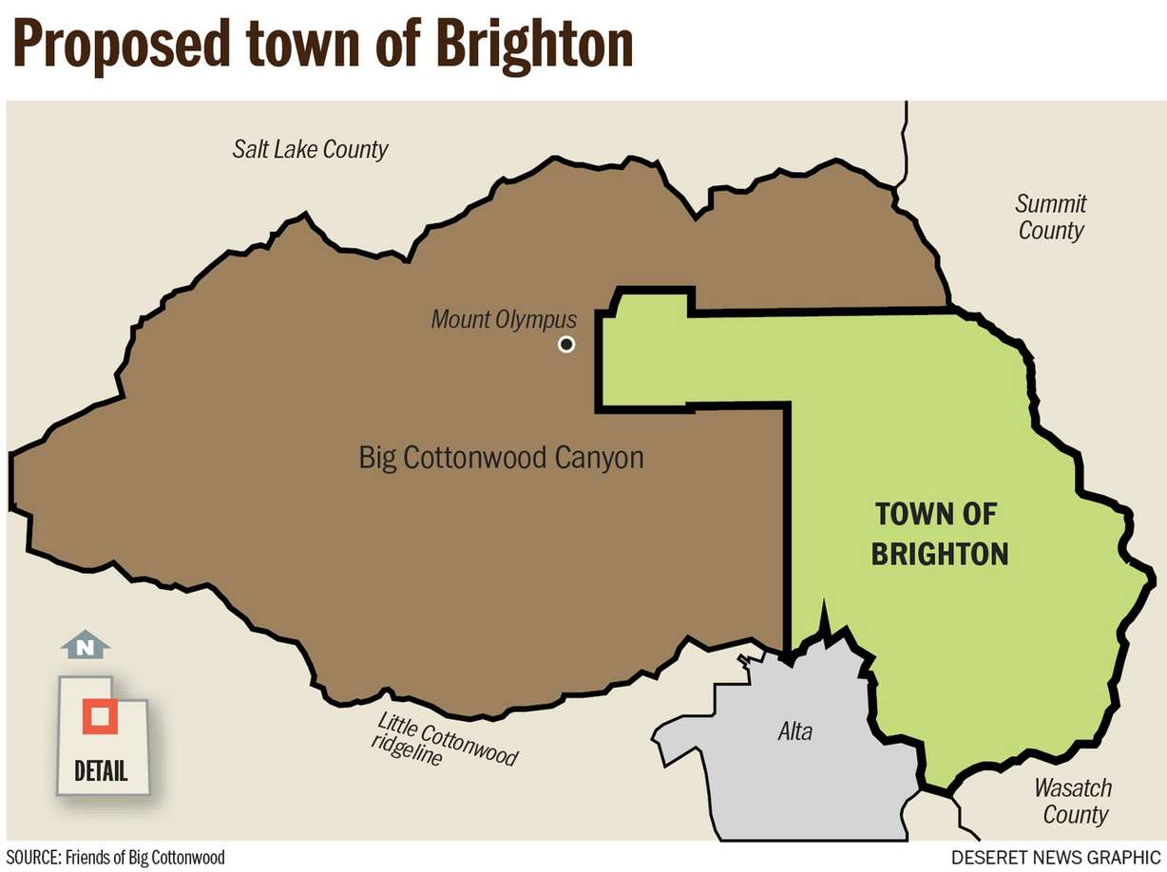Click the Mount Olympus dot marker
tap(566, 344)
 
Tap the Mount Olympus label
tap(504, 319)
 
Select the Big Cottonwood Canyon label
tap(501, 458)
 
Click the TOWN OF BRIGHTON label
tap(939, 534)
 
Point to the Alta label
tap(794, 730)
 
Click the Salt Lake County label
tap(311, 149)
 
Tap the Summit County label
tap(1051, 217)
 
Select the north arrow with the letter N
tap(86, 647)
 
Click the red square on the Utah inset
tap(99, 717)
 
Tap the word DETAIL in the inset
tap(101, 769)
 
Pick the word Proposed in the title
tap(119, 44)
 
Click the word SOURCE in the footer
tap(31, 858)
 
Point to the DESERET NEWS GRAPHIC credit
tap(1056, 858)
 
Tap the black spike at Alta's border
tap(825, 618)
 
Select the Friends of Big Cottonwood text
tap(145, 858)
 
